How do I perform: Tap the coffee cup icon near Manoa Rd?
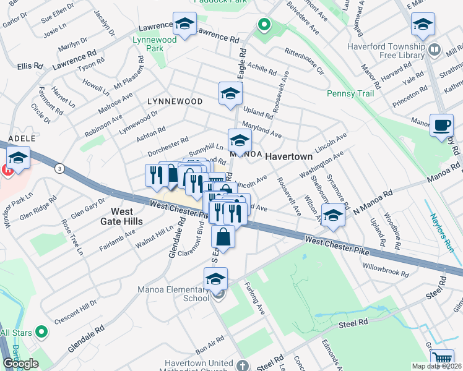coord(442,124)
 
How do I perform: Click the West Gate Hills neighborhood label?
coord(123,216)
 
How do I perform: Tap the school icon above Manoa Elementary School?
coord(215,279)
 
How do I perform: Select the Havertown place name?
coord(289,157)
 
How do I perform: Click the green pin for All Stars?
coord(41,332)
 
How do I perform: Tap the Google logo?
coord(21,364)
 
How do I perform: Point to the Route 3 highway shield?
coord(59,168)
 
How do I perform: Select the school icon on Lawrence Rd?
coord(184,23)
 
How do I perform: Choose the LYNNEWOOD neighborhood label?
coord(175,101)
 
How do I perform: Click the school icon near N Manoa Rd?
coord(333,215)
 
